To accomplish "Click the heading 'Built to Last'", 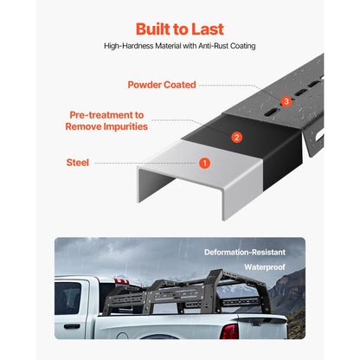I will pyautogui.click(x=179, y=28).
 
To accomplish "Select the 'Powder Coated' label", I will pyautogui.click(x=161, y=85).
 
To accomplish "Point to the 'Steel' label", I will pyautogui.click(x=77, y=162).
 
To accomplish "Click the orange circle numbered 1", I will pyautogui.click(x=204, y=162).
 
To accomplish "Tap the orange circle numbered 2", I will pyautogui.click(x=236, y=136).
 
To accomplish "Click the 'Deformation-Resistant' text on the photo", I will pyautogui.click(x=244, y=252).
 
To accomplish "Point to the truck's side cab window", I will pyautogui.click(x=68, y=297).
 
